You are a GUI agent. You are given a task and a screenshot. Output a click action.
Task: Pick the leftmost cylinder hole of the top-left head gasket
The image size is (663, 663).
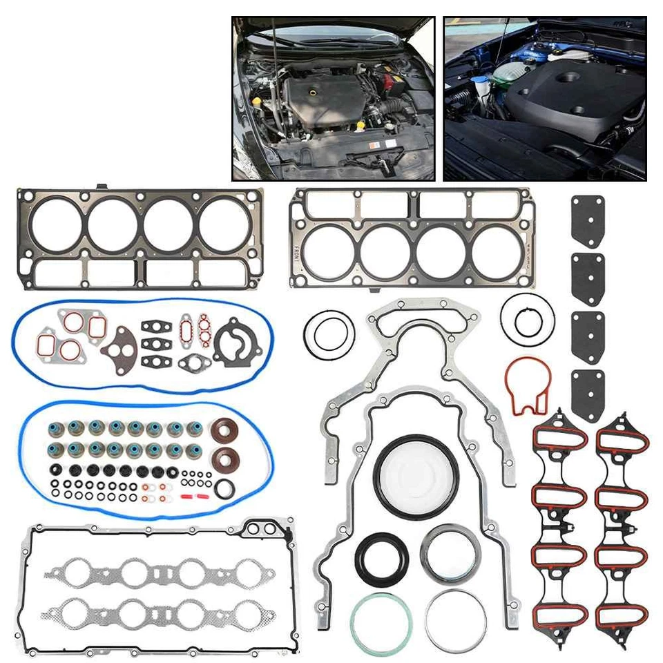57,224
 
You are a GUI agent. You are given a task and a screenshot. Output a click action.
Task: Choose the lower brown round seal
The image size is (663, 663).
226,460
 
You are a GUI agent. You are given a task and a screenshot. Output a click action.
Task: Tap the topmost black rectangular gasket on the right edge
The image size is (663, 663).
587,221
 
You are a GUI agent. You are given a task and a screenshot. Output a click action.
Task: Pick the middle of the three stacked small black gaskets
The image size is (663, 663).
153,343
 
